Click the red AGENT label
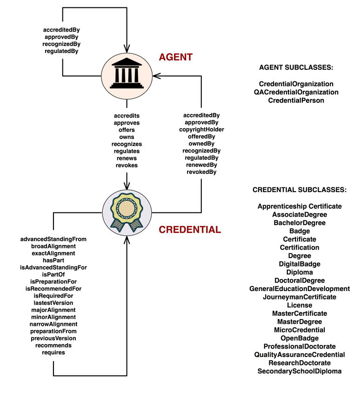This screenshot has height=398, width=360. tap(175, 57)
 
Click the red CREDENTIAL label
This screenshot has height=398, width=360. tap(190, 230)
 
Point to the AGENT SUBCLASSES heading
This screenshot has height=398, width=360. tap(296, 67)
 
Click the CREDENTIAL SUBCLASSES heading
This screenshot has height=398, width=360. tap(299, 190)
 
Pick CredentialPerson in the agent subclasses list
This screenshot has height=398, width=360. tap(296, 100)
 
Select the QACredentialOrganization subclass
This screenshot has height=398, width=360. tap(296, 92)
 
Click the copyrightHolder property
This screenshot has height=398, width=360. tap(201, 129)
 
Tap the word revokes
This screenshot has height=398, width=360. tap(127, 165)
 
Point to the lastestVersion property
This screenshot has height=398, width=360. tap(53, 302)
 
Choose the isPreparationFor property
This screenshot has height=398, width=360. tap(53, 281)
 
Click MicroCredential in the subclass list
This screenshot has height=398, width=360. tap(300, 330)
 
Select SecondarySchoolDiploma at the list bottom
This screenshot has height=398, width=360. tap(300, 371)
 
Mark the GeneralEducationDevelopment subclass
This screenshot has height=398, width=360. tap(300, 289)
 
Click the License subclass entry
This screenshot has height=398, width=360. tap(300, 305)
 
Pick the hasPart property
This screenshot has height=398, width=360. tap(53, 260)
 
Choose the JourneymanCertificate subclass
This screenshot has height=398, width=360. tap(300, 297)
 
